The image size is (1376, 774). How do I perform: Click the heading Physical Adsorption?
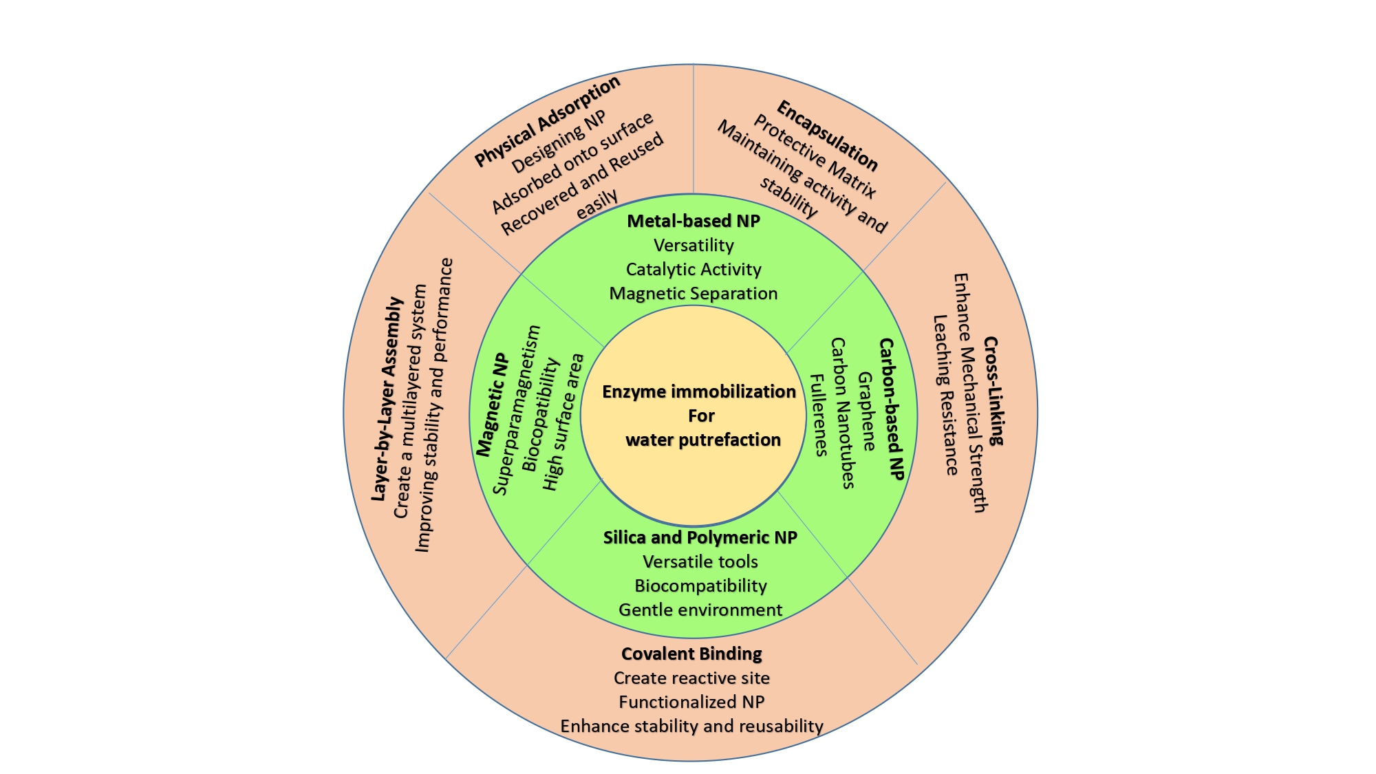[x=548, y=121]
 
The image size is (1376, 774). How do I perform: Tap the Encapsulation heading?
[x=827, y=136]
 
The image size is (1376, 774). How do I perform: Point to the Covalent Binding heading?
[x=691, y=654]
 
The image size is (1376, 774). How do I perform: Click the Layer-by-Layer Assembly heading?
[x=387, y=399]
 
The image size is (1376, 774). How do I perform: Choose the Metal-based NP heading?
[x=694, y=221]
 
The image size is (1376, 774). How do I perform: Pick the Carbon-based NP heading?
[x=892, y=409]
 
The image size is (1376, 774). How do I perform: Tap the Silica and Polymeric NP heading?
[x=700, y=537]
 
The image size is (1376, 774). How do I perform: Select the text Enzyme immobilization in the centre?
[x=699, y=391]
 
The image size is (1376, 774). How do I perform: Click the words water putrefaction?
[x=702, y=440]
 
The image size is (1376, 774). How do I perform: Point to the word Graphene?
[x=867, y=411]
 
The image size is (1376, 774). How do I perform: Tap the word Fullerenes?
[x=818, y=415]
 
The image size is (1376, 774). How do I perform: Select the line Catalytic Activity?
[x=694, y=269]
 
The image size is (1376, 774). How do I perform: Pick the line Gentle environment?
[x=700, y=610]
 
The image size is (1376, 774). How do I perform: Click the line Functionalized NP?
[x=691, y=702]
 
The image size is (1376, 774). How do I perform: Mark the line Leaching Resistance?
[x=945, y=395]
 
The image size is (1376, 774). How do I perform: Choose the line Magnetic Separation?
[x=694, y=293]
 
